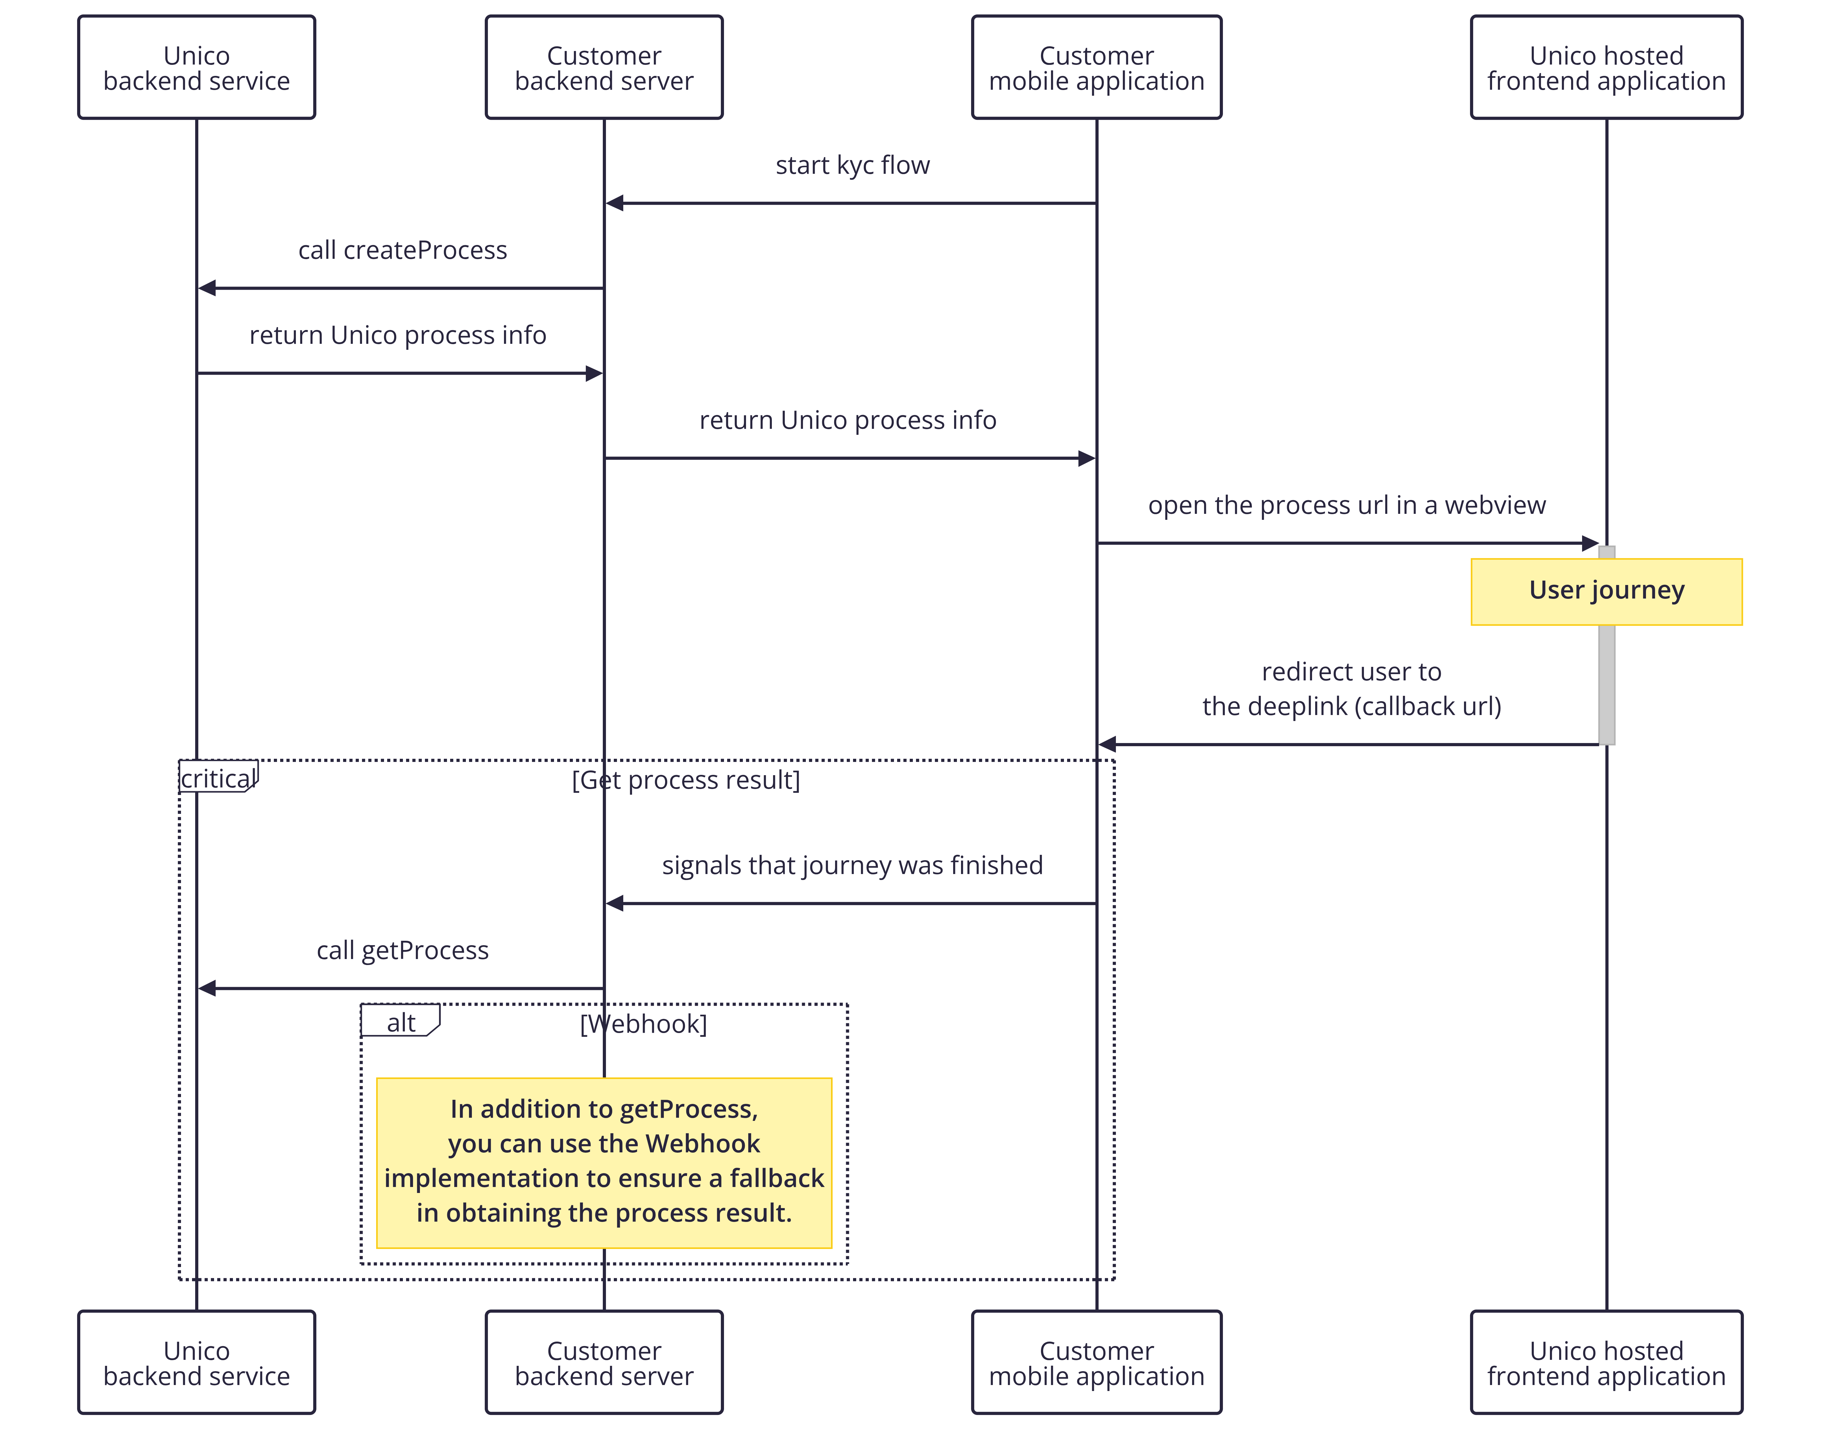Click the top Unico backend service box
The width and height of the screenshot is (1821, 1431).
197,67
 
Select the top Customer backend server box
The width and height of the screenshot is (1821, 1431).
604,67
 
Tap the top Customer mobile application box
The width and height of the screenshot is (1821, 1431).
1096,67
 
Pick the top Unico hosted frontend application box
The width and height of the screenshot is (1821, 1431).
1607,67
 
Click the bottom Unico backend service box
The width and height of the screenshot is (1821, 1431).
197,1362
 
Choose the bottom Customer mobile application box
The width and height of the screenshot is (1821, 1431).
1096,1362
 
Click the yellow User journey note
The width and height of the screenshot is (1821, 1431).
1607,592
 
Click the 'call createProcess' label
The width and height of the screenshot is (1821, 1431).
403,250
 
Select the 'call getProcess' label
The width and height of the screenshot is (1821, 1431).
403,950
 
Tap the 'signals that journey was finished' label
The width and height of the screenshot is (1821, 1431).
853,866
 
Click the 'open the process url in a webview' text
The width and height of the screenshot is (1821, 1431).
1347,505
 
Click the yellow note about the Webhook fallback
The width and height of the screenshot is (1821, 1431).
604,1163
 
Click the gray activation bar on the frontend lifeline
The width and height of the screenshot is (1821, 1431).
1607,645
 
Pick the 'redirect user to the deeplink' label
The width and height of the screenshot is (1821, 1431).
1352,689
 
